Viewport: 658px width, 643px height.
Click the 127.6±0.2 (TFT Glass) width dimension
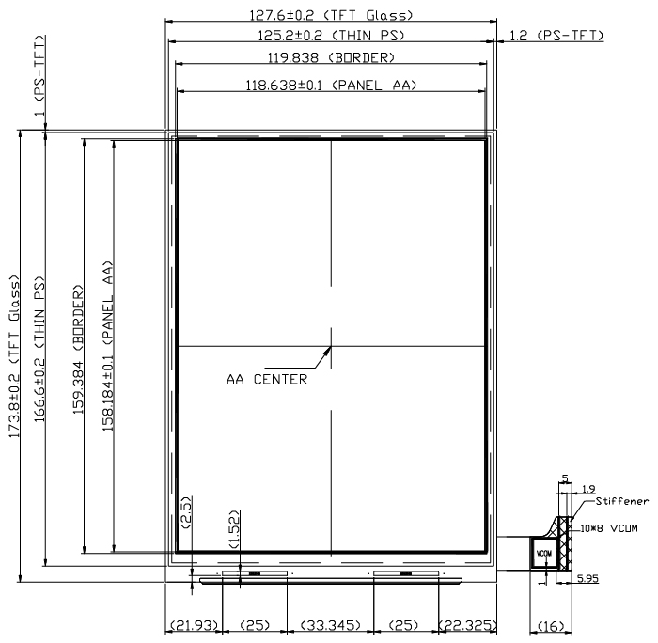[331, 16]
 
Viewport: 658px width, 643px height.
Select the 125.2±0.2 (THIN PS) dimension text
[331, 36]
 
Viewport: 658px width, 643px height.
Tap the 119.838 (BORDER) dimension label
[331, 57]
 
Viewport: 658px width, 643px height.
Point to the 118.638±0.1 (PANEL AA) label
[331, 86]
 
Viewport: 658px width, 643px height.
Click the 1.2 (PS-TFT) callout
[556, 36]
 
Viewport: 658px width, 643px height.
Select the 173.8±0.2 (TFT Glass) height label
[14, 356]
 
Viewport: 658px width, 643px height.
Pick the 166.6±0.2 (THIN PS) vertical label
[39, 349]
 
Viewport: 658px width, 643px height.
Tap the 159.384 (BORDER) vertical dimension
[78, 350]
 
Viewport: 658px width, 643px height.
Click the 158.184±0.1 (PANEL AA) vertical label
[108, 346]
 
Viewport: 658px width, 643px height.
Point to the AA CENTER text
[267, 380]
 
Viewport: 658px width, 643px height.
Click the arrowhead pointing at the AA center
[326, 352]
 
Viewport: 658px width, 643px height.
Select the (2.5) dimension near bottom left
[186, 511]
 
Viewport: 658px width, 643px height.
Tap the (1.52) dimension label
[234, 529]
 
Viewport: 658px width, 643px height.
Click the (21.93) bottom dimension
[194, 625]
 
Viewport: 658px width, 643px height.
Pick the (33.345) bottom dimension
[331, 625]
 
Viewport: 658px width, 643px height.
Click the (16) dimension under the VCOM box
[551, 626]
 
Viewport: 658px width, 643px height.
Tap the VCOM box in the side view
[544, 553]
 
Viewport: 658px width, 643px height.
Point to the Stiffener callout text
[622, 501]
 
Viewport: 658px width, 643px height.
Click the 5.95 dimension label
[587, 578]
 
